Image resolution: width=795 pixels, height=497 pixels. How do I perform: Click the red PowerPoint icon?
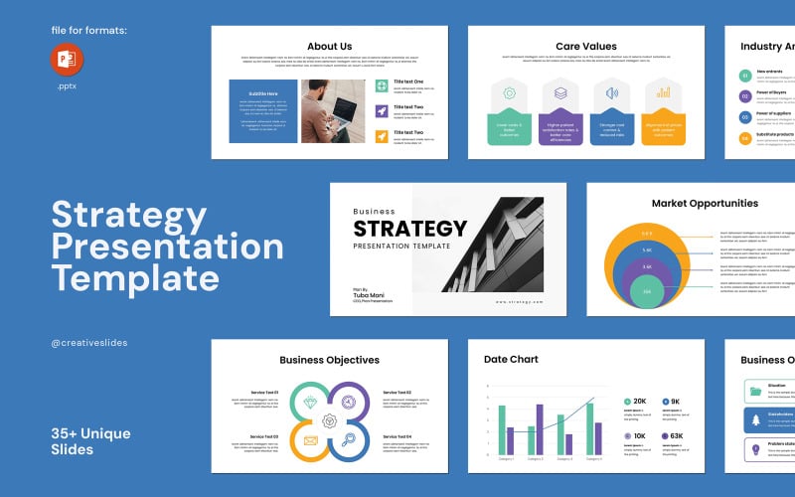(x=68, y=60)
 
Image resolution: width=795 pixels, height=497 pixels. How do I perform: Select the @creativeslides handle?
(x=88, y=343)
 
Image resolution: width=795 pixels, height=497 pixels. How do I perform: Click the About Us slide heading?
(x=330, y=46)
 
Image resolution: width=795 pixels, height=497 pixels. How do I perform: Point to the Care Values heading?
(x=585, y=46)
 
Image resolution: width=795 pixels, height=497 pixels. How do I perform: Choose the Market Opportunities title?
(x=705, y=203)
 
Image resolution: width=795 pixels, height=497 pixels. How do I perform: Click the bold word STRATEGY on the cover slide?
(x=409, y=228)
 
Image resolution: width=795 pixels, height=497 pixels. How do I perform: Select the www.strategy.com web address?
(x=519, y=300)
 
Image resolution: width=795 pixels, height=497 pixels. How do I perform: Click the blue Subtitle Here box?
(x=263, y=111)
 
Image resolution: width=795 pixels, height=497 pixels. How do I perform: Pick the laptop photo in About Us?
(x=333, y=111)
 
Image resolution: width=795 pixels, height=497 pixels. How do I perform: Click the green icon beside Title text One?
(x=382, y=85)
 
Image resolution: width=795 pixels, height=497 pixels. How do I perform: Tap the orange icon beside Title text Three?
(x=382, y=135)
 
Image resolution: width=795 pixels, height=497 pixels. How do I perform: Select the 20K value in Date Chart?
(x=640, y=402)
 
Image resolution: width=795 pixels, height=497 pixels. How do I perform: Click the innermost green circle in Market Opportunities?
(x=647, y=292)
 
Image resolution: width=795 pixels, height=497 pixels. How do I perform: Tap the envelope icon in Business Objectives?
(x=311, y=440)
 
